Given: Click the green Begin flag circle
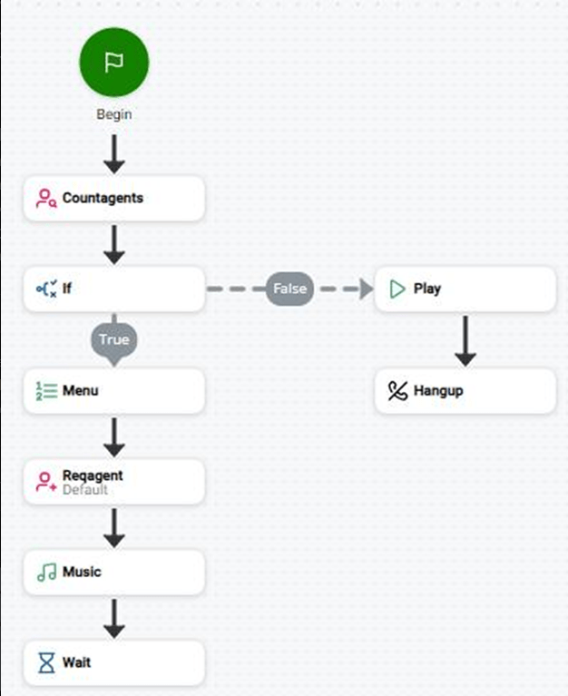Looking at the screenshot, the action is pos(114,62).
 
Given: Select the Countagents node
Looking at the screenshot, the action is pos(114,198).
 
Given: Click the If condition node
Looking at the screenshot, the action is pos(114,289).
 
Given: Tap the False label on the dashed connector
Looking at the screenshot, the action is pos(289,289).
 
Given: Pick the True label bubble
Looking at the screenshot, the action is pos(114,341).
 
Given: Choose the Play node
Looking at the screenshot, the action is pos(465,289).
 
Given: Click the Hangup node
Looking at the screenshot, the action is pos(465,390).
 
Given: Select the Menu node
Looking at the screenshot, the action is pos(114,390).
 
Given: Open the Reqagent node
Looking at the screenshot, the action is pos(114,482).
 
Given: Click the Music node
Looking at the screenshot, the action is pos(114,573).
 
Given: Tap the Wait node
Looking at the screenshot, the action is pos(114,662).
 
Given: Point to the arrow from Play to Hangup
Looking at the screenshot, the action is pos(465,341).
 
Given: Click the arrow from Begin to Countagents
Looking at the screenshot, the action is pos(114,154).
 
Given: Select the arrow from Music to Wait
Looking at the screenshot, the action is pos(114,618).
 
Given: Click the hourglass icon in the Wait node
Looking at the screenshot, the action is pos(46,662).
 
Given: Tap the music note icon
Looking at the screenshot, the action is pos(46,573).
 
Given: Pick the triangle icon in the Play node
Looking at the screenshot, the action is pos(397,289).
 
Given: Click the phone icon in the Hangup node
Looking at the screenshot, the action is pos(397,390).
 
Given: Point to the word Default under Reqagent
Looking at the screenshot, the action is pos(84,490).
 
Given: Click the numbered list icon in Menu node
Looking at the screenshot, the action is pos(46,390).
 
